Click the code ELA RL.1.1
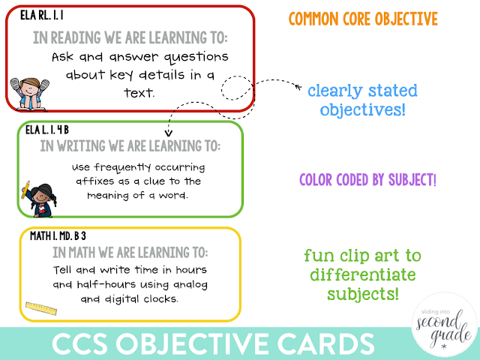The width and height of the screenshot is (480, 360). tap(31, 15)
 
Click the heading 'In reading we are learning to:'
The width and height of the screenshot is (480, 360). tap(130, 37)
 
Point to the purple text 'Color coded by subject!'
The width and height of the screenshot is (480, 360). tap(367, 180)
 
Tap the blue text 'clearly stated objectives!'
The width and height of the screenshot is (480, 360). tap(362, 100)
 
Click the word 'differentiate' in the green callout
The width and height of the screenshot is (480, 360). tap(361, 274)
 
